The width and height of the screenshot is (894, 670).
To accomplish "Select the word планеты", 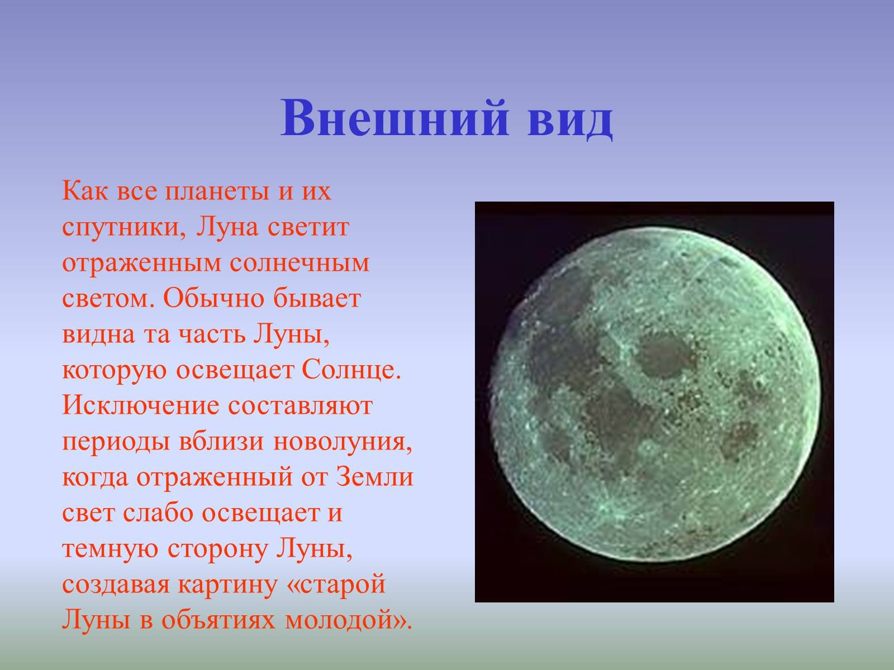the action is pos(217,192).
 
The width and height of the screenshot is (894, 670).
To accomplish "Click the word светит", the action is pos(308,227).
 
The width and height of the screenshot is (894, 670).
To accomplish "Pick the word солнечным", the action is pos(299,263).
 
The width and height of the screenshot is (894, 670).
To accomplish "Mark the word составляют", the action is pos(300,406).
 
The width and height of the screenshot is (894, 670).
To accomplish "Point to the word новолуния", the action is pos(343,442).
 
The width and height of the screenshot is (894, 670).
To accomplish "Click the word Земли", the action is pos(375,477).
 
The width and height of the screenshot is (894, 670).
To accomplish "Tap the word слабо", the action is pos(158,513).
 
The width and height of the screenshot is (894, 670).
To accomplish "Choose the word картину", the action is pos(227,585).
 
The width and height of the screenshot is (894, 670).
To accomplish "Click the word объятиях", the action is pos(218,620).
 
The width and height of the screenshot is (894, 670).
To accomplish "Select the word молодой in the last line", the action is pos(341,620).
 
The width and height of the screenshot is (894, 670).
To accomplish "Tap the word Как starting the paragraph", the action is pos(85,191).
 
